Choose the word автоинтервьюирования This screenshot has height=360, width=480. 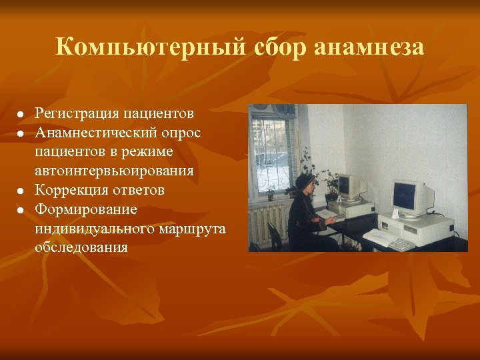pos(115,171)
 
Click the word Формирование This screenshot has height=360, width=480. pos(86,209)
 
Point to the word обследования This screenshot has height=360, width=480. pos(81,248)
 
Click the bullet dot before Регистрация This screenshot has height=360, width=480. pos(21,115)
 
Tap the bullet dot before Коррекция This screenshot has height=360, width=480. pos(21,192)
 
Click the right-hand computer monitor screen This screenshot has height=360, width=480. pos(404,195)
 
